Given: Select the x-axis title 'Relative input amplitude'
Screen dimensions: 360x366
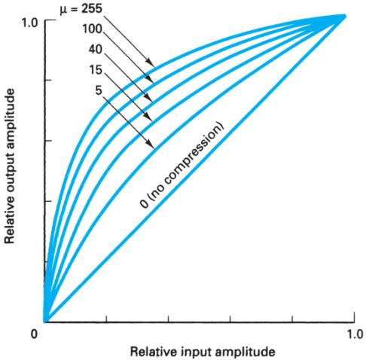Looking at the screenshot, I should [x=197, y=351].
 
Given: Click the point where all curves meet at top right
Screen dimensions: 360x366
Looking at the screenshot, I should [x=343, y=16].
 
